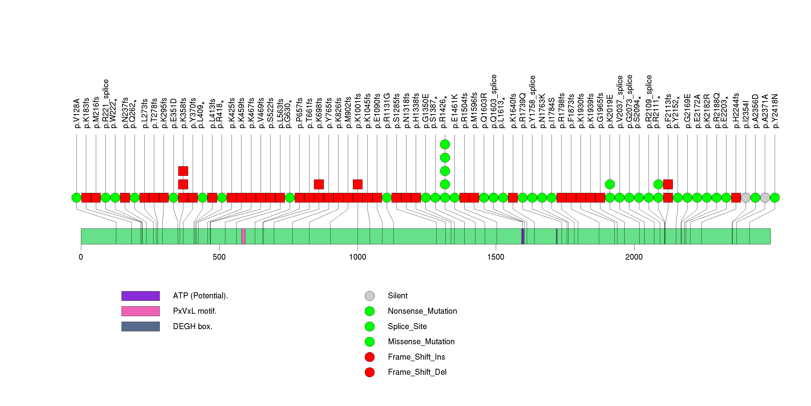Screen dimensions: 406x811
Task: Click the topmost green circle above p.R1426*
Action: tap(445, 144)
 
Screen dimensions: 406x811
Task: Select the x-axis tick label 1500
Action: tap(496, 257)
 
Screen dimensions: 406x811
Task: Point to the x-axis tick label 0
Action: tap(81, 257)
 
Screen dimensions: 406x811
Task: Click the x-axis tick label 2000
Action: tap(634, 257)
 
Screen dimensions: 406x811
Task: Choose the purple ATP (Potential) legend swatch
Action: tap(141, 296)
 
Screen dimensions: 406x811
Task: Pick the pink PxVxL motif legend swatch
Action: tap(141, 311)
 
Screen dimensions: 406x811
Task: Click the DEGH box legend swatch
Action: tap(141, 326)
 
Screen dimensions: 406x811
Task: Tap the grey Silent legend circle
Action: tap(370, 296)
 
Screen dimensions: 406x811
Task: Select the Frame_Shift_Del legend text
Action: tap(417, 372)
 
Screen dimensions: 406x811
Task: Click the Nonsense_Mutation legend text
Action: tap(422, 311)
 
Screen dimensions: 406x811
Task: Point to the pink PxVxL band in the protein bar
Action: tap(243, 236)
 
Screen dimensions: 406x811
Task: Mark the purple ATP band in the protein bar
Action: tap(523, 236)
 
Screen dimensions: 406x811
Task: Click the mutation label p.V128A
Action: tap(76, 114)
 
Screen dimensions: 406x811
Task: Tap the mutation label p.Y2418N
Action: tap(775, 111)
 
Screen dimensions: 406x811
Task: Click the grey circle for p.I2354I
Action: tap(745, 198)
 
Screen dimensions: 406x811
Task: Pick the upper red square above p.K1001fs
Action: tap(358, 184)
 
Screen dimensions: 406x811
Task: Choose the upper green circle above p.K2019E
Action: tap(610, 184)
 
